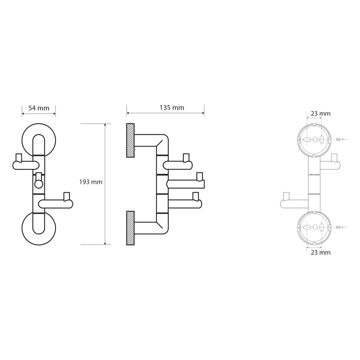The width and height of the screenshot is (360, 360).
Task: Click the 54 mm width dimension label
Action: [x=39, y=108]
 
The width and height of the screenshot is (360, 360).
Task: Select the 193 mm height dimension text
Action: [x=91, y=182]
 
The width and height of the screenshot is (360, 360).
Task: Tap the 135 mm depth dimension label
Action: [x=172, y=108]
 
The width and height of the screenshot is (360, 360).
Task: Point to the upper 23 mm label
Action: [x=321, y=114]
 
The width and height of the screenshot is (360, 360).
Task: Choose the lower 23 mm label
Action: [x=321, y=252]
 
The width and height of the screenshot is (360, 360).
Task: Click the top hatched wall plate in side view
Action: [x=130, y=140]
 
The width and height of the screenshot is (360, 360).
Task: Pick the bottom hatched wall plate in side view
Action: [x=130, y=228]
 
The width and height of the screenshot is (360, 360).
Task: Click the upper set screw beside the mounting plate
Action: [x=338, y=140]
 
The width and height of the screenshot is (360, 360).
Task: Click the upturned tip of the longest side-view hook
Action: [x=200, y=176]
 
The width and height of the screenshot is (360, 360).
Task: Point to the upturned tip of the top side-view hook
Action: [x=186, y=157]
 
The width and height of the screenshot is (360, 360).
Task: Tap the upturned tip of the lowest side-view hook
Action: [x=196, y=196]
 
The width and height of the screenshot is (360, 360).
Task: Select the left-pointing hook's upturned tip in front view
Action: [x=18, y=157]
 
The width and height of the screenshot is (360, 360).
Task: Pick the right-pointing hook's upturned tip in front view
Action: [x=66, y=195]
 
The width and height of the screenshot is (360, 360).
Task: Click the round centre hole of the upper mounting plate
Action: [x=315, y=140]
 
